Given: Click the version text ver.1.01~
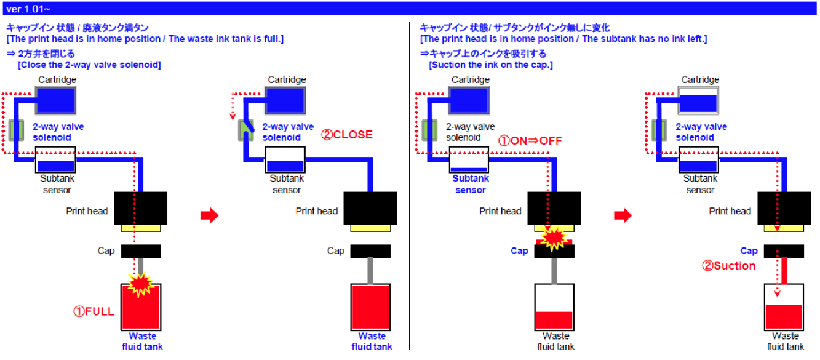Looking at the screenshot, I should (28, 9).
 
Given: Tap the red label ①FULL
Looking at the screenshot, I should (94, 311).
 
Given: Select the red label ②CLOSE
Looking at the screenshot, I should (347, 135).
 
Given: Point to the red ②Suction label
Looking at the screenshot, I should (729, 266).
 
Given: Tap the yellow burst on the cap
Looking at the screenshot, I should (554, 237).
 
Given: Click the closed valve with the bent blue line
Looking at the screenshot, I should (247, 129).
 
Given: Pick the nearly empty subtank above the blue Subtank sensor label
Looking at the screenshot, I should (470, 161).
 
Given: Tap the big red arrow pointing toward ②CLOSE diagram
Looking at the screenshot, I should (210, 216).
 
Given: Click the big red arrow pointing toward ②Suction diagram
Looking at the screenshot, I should (623, 216).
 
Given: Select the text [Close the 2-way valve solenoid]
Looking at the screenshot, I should (90, 65).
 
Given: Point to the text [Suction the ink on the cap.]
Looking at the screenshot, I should (490, 65).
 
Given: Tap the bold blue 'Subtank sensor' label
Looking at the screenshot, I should (470, 184).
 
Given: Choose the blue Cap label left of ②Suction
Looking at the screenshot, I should (749, 251).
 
